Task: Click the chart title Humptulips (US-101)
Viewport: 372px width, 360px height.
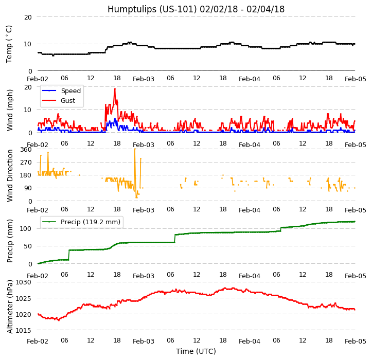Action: tap(196, 9)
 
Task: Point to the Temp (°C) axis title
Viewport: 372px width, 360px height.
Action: tap(9, 44)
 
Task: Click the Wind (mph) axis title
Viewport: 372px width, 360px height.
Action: tap(10, 110)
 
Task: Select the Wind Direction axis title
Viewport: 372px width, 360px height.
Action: tap(10, 175)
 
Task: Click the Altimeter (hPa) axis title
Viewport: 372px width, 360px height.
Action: tap(10, 307)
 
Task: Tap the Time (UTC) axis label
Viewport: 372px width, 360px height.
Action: tap(196, 351)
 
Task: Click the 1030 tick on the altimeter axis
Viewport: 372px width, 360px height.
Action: tap(23, 282)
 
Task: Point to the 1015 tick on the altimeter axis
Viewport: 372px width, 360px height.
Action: tap(23, 330)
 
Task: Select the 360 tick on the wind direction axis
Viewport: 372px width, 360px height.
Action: tap(26, 150)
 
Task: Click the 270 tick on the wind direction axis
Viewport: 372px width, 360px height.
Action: tap(26, 163)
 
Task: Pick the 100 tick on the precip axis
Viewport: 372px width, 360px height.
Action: tap(26, 228)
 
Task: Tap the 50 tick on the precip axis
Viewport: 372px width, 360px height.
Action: tap(28, 246)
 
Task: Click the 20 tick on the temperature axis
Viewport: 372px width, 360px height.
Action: tap(28, 17)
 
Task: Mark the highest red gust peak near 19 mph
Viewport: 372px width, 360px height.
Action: tap(115, 88)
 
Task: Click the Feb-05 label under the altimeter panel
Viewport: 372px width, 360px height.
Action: tap(355, 341)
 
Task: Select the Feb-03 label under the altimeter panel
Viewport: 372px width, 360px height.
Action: tap(144, 341)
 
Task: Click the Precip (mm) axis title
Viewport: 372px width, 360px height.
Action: tap(10, 241)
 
